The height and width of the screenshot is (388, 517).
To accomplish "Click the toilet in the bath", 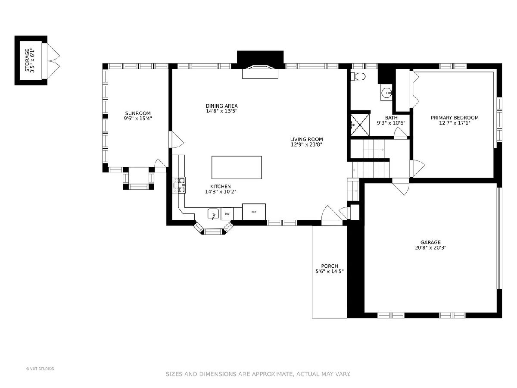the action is pos(358,77).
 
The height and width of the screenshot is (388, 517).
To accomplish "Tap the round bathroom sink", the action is pos(387,92).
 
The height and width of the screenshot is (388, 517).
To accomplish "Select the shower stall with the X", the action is pos(360,125).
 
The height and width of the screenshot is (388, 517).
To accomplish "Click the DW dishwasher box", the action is pos(227,214).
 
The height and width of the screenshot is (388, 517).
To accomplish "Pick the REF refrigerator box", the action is pos(254,212).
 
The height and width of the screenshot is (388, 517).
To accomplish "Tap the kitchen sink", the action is pos(213,214).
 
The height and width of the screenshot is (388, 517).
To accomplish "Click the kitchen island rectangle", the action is pos(237,167).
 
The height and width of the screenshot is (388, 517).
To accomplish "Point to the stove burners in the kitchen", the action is pos(182,185).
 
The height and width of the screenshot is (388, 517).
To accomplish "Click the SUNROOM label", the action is pos(138,113).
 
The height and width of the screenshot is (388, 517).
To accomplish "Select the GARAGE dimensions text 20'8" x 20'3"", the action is pos(430,247).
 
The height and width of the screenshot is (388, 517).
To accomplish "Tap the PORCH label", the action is pos(330,266).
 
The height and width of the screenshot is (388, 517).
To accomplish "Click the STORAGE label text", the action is pos(27,60).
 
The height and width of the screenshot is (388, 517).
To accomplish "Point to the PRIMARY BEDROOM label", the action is pos(455,118).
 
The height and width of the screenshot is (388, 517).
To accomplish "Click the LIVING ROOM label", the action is pos(306,139).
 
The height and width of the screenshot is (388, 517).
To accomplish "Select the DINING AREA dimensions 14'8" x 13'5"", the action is pos(221,111).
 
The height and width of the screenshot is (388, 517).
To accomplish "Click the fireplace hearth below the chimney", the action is pos(260,72).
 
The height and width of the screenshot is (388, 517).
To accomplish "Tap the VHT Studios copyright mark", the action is pos(40,369).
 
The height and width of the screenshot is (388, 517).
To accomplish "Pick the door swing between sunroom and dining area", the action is pos(176,140).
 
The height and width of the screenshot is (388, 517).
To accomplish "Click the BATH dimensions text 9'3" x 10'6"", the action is pos(391,123).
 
